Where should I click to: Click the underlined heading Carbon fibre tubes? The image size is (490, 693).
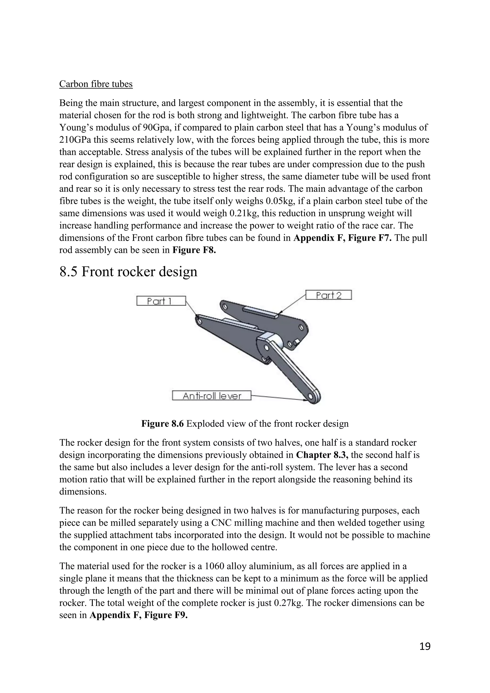tap(96, 84)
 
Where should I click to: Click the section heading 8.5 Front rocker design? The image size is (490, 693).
tap(128, 271)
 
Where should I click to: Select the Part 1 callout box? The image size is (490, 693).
tap(161, 301)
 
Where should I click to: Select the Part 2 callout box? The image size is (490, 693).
tap(329, 295)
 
